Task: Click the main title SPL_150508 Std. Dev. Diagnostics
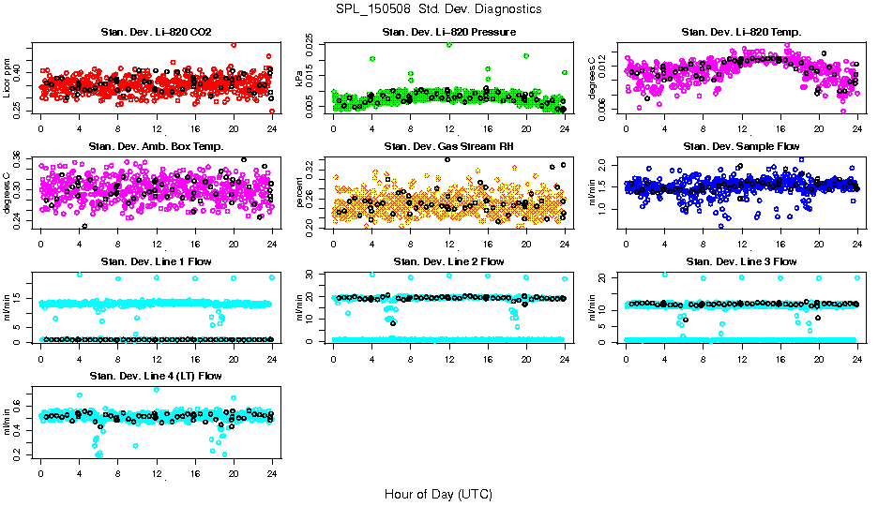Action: pyautogui.click(x=438, y=8)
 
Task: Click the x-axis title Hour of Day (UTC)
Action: pyautogui.click(x=438, y=493)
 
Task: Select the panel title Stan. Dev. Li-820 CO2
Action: pyautogui.click(x=156, y=33)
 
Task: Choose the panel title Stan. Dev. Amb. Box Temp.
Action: pyautogui.click(x=156, y=146)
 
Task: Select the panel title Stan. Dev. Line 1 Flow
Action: pyautogui.click(x=156, y=261)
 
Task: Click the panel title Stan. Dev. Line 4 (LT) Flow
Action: pyautogui.click(x=156, y=376)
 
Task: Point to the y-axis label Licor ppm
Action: pyautogui.click(x=7, y=79)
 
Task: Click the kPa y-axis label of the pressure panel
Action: pyautogui.click(x=300, y=79)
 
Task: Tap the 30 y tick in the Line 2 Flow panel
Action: pyautogui.click(x=314, y=275)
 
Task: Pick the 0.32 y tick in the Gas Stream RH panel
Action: pyautogui.click(x=314, y=163)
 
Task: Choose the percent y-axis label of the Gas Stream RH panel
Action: pyautogui.click(x=300, y=193)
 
